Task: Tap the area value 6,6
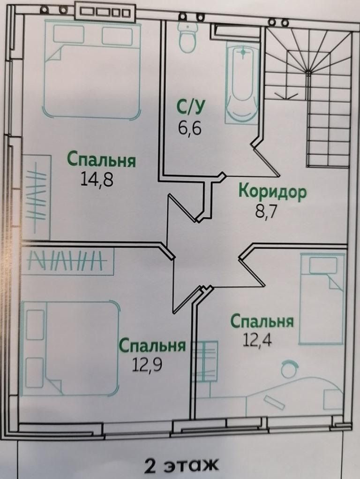point(189,127)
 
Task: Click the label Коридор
point(272,191)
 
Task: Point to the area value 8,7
point(266,211)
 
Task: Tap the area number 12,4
point(258,339)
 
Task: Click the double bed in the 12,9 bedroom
point(70,347)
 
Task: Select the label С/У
point(190,108)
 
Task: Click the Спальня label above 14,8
point(101,160)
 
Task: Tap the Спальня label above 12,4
point(262,322)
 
